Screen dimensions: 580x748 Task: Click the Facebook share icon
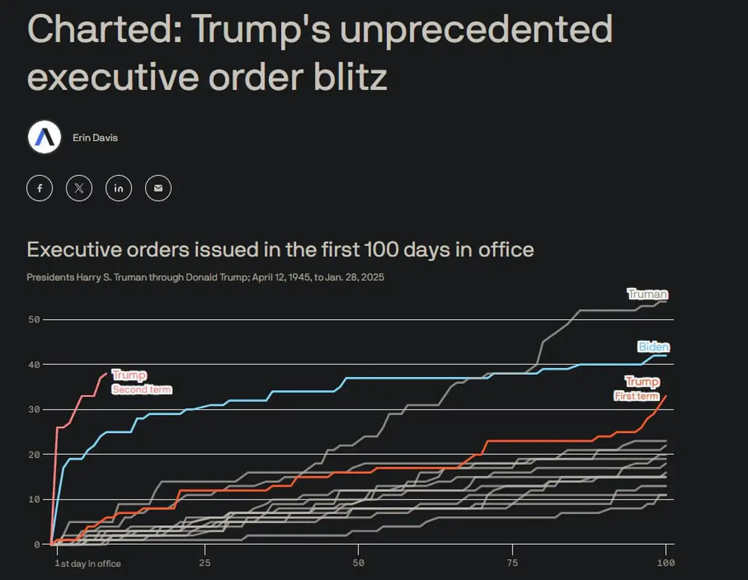tap(40, 188)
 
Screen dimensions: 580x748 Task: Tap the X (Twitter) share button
tap(79, 188)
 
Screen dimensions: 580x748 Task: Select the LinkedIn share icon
tap(119, 188)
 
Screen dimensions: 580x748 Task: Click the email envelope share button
tap(158, 188)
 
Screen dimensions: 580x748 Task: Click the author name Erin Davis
tap(95, 138)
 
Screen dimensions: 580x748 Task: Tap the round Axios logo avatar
tap(44, 137)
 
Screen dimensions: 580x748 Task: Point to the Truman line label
tap(648, 294)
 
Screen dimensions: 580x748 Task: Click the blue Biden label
tap(653, 347)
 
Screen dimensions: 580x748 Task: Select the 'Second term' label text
tap(142, 389)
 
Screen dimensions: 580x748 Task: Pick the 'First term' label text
tap(636, 396)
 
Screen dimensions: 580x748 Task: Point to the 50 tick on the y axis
tap(34, 320)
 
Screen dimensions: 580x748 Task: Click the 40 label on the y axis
tap(34, 365)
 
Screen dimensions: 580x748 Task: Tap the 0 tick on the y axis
tap(37, 545)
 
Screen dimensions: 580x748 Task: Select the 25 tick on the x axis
tap(205, 563)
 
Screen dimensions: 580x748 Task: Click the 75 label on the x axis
tap(512, 563)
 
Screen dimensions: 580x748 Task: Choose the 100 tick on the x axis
tap(666, 563)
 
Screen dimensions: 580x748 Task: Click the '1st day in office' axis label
tap(88, 563)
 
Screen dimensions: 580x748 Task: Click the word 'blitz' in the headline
tap(350, 77)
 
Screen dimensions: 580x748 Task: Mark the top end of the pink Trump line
tap(106, 373)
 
